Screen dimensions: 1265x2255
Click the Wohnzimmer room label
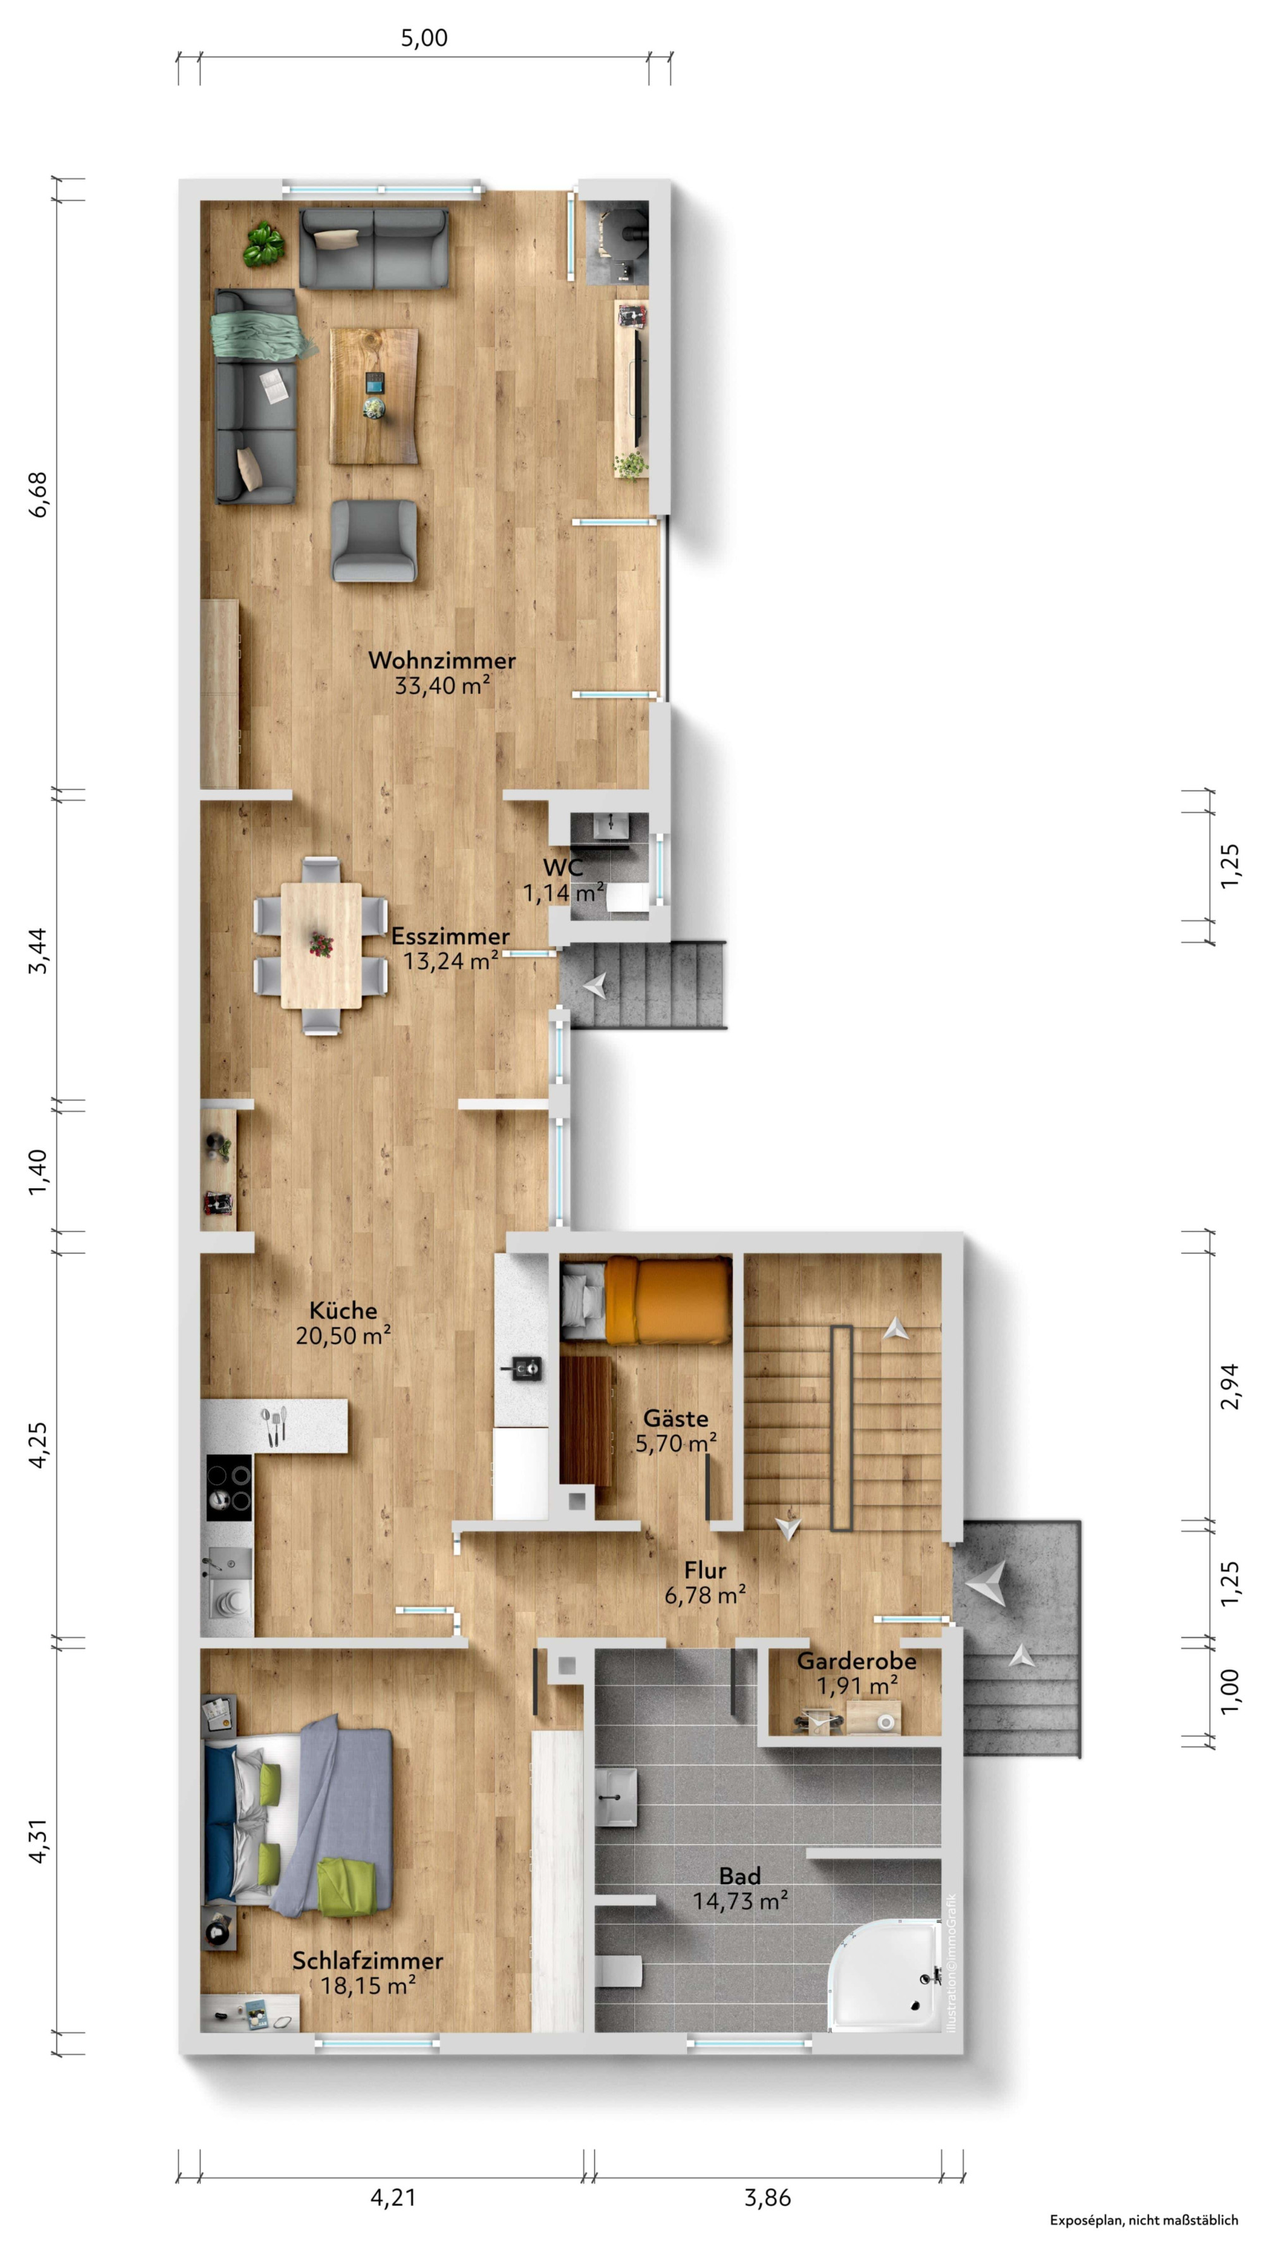(441, 660)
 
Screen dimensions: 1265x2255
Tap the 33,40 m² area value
(442, 685)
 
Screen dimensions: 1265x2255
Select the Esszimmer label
(450, 936)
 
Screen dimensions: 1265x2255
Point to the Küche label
(343, 1310)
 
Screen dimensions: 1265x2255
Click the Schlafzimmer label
(367, 1961)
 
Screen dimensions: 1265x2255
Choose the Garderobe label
(856, 1661)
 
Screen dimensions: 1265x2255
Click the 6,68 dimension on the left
(39, 495)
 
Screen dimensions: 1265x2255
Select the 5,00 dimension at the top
(424, 38)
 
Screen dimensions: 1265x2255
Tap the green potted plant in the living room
(264, 244)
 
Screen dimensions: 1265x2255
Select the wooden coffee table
(374, 396)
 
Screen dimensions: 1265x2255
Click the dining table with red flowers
(321, 945)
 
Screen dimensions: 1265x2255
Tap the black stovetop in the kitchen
(230, 1488)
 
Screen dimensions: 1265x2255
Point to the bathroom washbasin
(617, 1795)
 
